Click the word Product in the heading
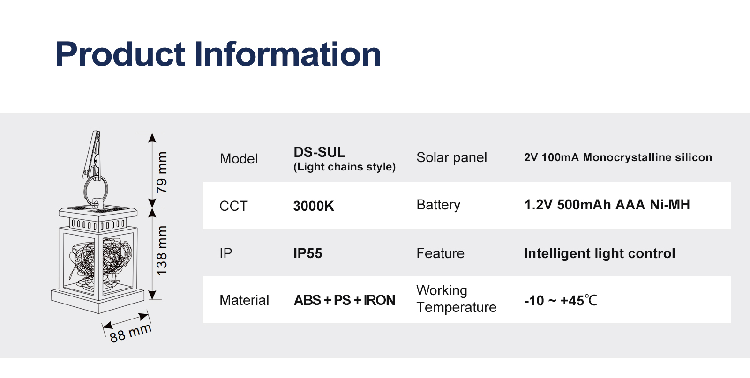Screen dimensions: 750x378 click(120, 54)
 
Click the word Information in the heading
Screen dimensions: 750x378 click(288, 53)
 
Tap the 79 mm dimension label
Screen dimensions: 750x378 click(162, 172)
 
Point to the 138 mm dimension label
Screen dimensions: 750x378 click(162, 251)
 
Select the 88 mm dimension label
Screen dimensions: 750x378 click(131, 333)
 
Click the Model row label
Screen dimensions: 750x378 click(239, 159)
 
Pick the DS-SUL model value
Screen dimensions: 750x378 click(319, 152)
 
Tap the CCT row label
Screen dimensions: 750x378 click(233, 206)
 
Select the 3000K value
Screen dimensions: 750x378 click(314, 206)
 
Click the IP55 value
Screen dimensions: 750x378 click(307, 253)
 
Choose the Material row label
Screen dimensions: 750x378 click(244, 300)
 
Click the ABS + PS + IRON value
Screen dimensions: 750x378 click(344, 300)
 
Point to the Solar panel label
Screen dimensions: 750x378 click(452, 157)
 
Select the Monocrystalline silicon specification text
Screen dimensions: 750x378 click(647, 157)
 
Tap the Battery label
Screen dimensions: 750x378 click(438, 205)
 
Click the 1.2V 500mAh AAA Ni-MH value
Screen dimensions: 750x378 click(607, 205)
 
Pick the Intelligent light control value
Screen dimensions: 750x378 click(600, 254)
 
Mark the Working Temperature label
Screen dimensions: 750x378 click(457, 299)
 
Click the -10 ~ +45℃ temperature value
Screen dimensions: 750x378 click(561, 301)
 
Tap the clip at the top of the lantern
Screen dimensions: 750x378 click(92, 155)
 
